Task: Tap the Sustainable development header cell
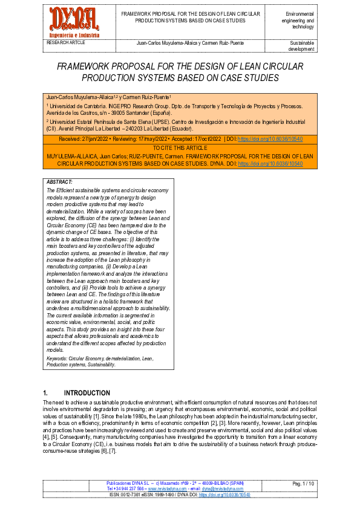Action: [302, 46]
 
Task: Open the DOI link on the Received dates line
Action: [270, 138]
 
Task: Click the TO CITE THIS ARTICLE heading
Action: [180, 148]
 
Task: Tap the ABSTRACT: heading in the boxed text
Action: [59, 182]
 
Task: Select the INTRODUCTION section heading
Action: [87, 392]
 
